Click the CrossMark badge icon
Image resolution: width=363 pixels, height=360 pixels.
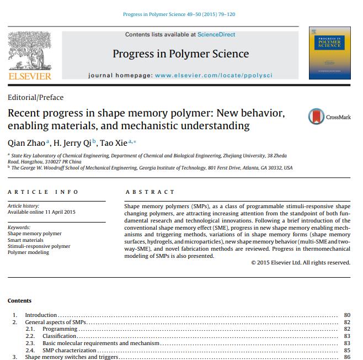[316, 117]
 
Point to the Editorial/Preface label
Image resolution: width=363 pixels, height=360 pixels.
[36, 97]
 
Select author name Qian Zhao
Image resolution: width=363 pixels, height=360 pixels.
[26, 143]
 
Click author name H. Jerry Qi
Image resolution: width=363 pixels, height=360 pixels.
[73, 143]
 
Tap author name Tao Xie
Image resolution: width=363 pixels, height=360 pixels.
[113, 143]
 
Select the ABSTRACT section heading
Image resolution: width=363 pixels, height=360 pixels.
[150, 192]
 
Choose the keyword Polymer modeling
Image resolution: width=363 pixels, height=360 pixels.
[28, 252]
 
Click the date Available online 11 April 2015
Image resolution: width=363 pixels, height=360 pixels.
[42, 212]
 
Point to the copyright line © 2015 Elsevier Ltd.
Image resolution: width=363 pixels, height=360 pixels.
[300, 262]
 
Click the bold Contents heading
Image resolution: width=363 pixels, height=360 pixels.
[20, 301]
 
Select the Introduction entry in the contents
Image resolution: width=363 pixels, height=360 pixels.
[41, 315]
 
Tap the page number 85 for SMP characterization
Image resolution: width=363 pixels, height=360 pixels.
[347, 350]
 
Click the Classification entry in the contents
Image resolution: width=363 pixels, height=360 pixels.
[60, 336]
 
